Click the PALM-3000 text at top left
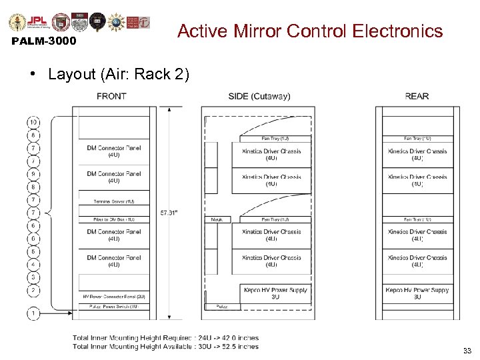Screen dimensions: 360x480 point(44,41)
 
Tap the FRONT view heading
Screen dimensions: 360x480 point(111,96)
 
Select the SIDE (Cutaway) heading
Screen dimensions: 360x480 point(259,96)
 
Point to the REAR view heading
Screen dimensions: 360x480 point(417,96)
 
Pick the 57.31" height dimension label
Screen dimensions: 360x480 point(169,213)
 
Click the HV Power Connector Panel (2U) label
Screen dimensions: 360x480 point(113,297)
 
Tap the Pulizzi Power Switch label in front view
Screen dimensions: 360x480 point(113,307)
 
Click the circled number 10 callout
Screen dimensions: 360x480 point(33,122)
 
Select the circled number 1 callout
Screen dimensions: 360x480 point(33,312)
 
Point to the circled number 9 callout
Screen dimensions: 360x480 point(33,174)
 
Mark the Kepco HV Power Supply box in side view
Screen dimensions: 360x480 point(275,293)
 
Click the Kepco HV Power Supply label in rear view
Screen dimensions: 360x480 point(417,293)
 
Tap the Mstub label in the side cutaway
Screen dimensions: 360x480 point(217,219)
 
